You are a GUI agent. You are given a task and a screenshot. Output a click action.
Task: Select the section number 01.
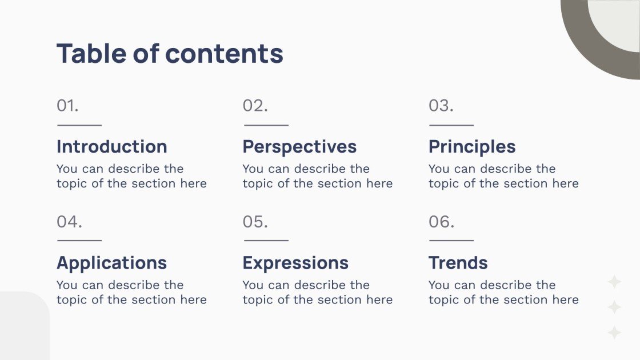[x=67, y=106]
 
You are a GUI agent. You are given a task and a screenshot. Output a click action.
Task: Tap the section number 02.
[x=255, y=106]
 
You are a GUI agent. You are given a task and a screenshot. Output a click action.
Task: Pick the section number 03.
[x=441, y=106]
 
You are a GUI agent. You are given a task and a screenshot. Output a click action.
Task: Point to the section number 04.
[x=69, y=222]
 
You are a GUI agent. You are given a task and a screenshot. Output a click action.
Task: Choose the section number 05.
[x=255, y=222]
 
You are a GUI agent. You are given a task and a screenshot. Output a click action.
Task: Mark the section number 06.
[x=441, y=222]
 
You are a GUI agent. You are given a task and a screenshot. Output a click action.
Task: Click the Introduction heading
[x=111, y=146]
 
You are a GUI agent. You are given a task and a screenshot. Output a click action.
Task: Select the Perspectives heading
[x=299, y=146]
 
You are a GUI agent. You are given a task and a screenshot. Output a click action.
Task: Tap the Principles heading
[x=472, y=147]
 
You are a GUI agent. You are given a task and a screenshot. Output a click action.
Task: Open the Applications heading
[x=111, y=263]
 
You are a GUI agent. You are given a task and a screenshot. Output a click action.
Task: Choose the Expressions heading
[x=295, y=263]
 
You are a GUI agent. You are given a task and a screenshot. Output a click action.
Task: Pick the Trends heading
[x=458, y=263]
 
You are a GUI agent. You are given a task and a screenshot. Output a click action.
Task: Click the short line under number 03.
[x=451, y=125]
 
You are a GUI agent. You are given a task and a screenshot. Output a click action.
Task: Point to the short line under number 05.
[x=266, y=241]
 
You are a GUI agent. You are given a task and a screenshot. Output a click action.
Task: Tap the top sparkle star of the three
[x=614, y=282]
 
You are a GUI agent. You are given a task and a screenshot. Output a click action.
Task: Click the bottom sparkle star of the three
[x=614, y=333]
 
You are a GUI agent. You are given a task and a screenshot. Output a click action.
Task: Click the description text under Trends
[x=503, y=292]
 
